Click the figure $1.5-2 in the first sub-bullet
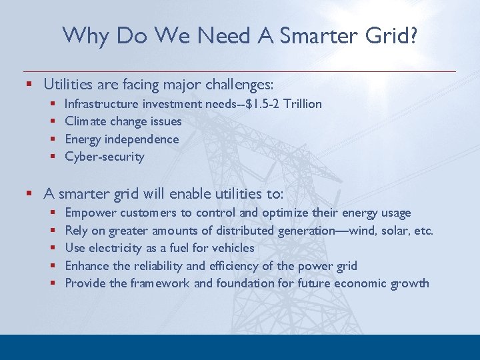pyautogui.click(x=258, y=104)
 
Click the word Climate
pyautogui.click(x=83, y=121)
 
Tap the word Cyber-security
pyautogui.click(x=104, y=157)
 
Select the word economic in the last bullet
pyautogui.click(x=357, y=283)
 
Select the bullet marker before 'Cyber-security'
pyautogui.click(x=53, y=157)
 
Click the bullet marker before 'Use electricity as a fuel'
pyautogui.click(x=53, y=249)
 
